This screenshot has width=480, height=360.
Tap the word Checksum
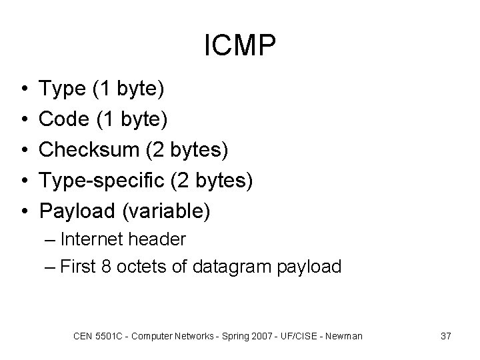pyautogui.click(x=89, y=149)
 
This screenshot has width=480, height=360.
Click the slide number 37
pyautogui.click(x=446, y=336)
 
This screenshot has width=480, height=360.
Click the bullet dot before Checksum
pyautogui.click(x=24, y=150)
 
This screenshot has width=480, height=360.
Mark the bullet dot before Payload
pyautogui.click(x=24, y=211)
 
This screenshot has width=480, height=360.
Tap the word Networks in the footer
pyautogui.click(x=193, y=336)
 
